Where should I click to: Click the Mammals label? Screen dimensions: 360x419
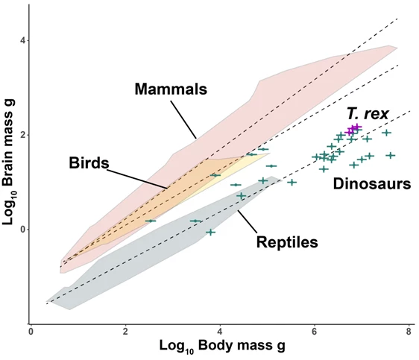pos(171,89)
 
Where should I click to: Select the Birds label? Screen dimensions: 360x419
pos(89,162)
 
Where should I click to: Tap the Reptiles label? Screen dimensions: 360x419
pos(287,241)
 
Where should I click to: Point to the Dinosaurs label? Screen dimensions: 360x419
pos(372,183)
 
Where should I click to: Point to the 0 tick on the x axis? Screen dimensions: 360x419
pos(31,330)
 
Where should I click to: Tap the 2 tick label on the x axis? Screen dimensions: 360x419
pos(125,330)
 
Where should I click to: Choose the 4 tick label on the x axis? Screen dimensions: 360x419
pos(220,330)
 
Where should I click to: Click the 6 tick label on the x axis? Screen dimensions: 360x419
pos(315,330)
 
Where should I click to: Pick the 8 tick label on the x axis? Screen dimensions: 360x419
pos(409,330)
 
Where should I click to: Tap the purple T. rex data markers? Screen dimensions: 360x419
pos(353,130)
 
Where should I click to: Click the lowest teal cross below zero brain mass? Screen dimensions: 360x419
pos(210,232)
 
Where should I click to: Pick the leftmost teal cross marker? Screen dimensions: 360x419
pos(151,221)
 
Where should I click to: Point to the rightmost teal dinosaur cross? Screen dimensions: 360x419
pos(390,155)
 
